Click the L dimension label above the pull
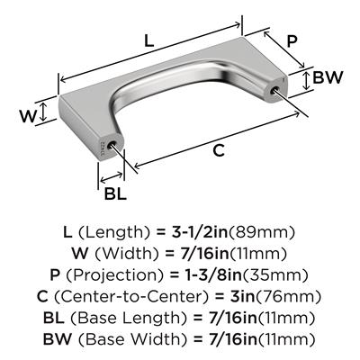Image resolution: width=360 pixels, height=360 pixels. [x=149, y=40]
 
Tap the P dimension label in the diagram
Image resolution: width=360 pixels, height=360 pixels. [x=292, y=41]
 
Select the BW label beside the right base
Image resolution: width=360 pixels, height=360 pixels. [x=328, y=77]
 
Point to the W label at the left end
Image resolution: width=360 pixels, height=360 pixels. [x=28, y=116]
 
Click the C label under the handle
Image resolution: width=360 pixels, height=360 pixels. [x=219, y=150]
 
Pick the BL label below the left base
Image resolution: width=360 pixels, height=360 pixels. [x=115, y=193]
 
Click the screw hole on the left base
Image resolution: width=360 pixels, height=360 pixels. [x=113, y=143]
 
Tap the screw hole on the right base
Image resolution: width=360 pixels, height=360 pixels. [x=274, y=88]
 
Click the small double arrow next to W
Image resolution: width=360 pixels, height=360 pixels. [x=44, y=112]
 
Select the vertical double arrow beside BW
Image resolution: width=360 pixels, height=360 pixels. [x=306, y=80]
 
